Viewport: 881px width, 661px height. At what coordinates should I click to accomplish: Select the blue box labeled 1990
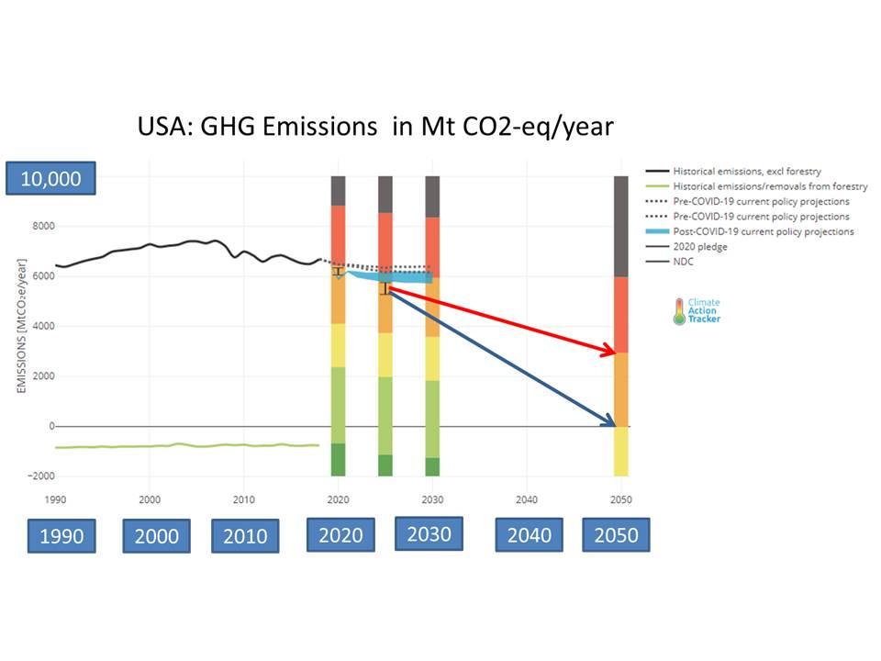(61, 536)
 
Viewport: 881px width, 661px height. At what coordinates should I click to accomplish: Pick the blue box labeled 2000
(156, 536)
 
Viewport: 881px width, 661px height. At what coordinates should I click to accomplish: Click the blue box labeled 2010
(245, 536)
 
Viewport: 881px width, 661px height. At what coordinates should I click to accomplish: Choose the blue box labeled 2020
(340, 535)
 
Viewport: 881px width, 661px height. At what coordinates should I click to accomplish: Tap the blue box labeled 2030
(429, 533)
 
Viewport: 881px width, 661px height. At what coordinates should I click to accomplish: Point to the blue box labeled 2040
(529, 535)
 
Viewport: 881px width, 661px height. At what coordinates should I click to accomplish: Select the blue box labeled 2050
(616, 535)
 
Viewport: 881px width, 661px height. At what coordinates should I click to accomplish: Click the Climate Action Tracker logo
(697, 310)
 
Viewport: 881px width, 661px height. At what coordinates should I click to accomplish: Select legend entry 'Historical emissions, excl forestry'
(746, 172)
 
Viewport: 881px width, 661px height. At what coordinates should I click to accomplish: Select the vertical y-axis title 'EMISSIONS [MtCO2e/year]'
(21, 327)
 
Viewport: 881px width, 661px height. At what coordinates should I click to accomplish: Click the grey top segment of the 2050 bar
(621, 226)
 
